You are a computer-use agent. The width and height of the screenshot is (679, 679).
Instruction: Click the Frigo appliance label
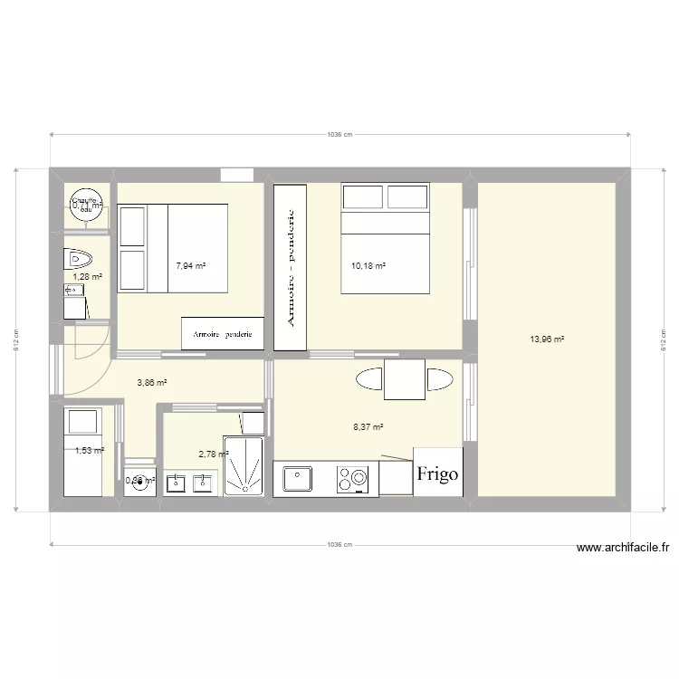438,473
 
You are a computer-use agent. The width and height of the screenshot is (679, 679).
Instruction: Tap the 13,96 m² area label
547,339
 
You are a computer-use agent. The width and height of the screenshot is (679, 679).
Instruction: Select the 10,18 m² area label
368,266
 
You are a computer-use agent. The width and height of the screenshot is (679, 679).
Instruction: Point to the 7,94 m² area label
190,266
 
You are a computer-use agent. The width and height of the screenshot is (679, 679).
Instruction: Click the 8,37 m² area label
368,427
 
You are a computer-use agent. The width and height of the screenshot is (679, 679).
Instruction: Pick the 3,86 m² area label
152,383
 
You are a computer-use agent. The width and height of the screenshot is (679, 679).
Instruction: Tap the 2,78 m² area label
214,454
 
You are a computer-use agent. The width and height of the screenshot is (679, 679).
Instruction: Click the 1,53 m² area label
89,451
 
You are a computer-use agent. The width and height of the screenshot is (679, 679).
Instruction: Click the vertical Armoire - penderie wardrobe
291,267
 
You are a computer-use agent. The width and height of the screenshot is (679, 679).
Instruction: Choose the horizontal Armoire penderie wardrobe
223,333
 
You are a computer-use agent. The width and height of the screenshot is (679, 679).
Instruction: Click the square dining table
405,379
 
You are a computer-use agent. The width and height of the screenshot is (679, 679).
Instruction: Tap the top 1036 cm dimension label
339,135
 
